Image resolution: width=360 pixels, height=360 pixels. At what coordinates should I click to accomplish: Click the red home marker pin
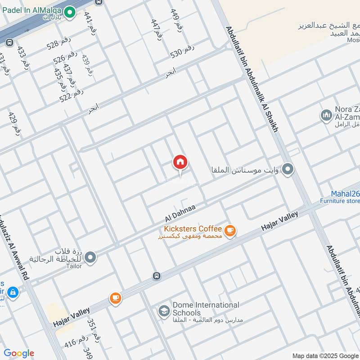click(180, 163)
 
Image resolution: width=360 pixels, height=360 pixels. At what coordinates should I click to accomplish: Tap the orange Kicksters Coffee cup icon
click(230, 230)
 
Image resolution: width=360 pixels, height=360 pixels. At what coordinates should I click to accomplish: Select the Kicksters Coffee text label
click(193, 229)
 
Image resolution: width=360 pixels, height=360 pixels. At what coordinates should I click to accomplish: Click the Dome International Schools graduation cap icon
click(163, 310)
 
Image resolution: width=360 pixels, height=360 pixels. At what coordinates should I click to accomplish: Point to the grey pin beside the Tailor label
click(90, 257)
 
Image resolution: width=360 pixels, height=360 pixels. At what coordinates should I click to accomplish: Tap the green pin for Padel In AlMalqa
click(69, 13)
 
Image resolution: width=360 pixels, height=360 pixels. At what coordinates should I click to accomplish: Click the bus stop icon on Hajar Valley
click(156, 276)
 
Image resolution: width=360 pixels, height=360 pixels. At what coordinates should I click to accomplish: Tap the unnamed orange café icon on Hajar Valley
click(116, 298)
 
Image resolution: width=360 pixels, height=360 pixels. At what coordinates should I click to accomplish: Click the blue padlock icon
click(13, 292)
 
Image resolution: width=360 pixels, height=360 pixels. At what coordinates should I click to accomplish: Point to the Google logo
click(19, 353)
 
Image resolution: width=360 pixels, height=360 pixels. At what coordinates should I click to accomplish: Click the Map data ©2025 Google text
click(324, 355)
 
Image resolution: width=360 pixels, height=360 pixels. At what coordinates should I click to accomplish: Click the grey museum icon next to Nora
click(326, 116)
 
